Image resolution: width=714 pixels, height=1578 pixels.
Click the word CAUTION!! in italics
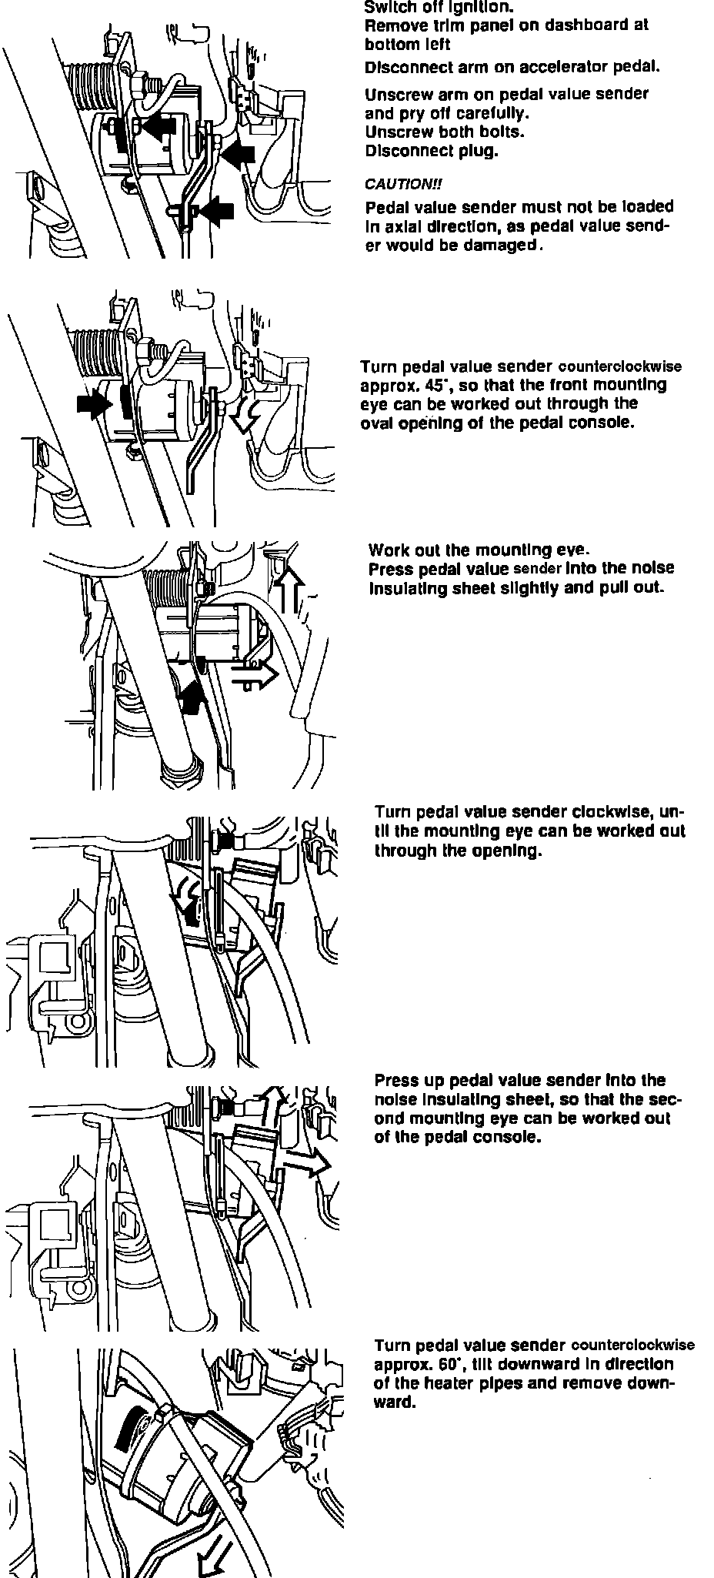403,185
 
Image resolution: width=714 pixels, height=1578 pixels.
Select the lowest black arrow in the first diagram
214,209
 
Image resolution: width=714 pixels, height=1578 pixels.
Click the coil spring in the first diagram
92,82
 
